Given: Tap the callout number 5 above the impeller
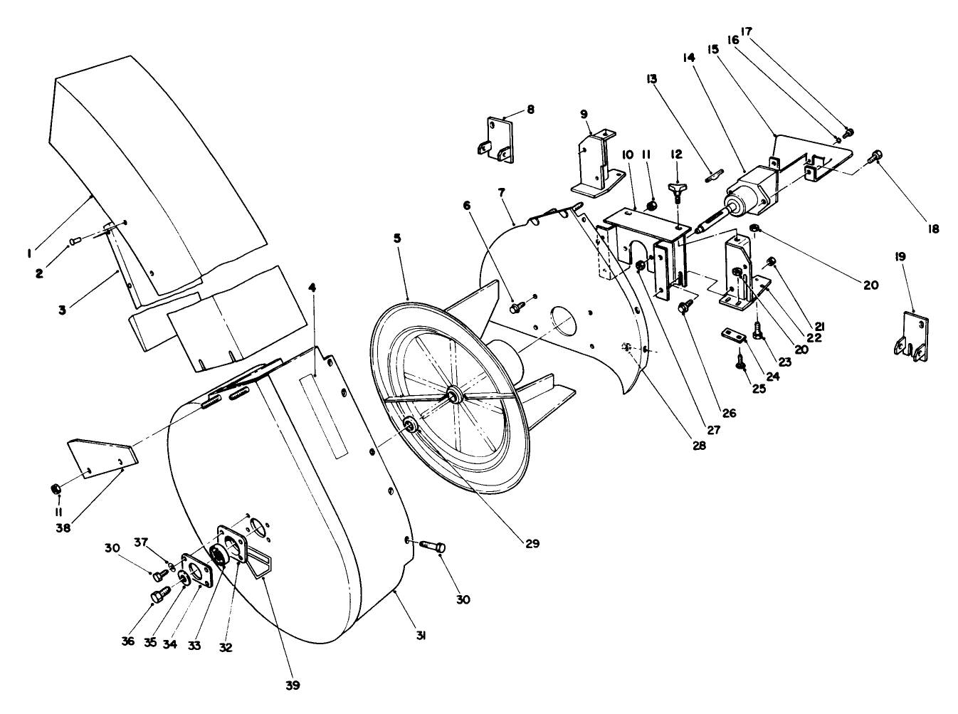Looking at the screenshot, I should [399, 239].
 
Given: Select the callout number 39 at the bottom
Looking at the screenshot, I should [293, 686].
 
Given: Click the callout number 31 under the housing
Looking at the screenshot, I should [421, 636].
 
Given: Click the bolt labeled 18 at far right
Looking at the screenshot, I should [875, 154].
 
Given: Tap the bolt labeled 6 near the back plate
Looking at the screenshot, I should [516, 308].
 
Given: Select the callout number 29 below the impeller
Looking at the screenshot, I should [533, 543].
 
